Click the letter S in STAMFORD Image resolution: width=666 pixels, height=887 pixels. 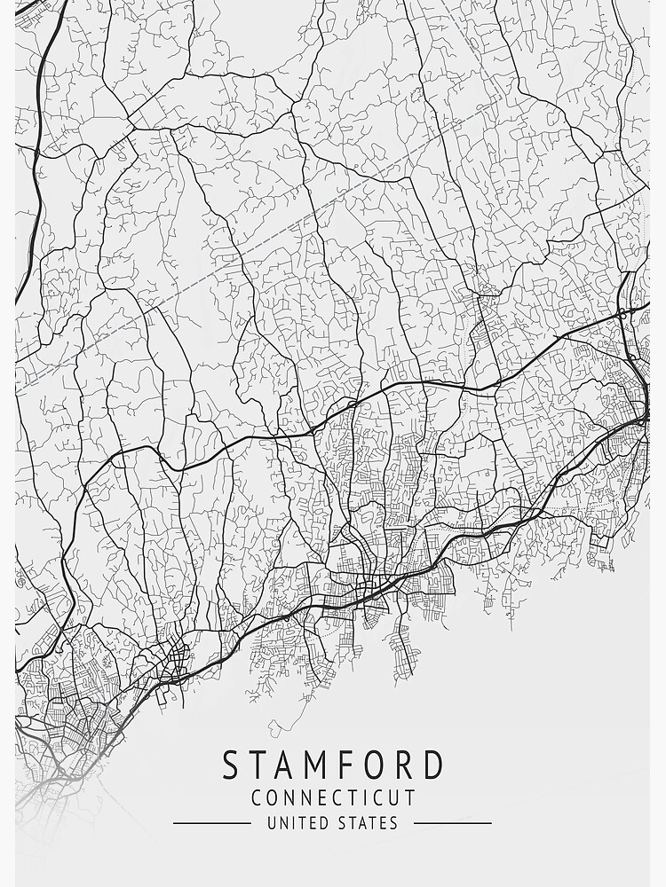232,765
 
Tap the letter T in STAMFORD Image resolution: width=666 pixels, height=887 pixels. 258,765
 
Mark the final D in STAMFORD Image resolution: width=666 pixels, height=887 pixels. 432,765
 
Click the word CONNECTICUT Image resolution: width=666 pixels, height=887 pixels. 333,797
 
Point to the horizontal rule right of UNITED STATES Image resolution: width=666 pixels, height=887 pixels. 453,823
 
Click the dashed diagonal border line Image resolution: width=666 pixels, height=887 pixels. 266,248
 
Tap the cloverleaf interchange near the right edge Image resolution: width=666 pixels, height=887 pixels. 624,312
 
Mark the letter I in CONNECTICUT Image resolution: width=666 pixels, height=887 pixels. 361,797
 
